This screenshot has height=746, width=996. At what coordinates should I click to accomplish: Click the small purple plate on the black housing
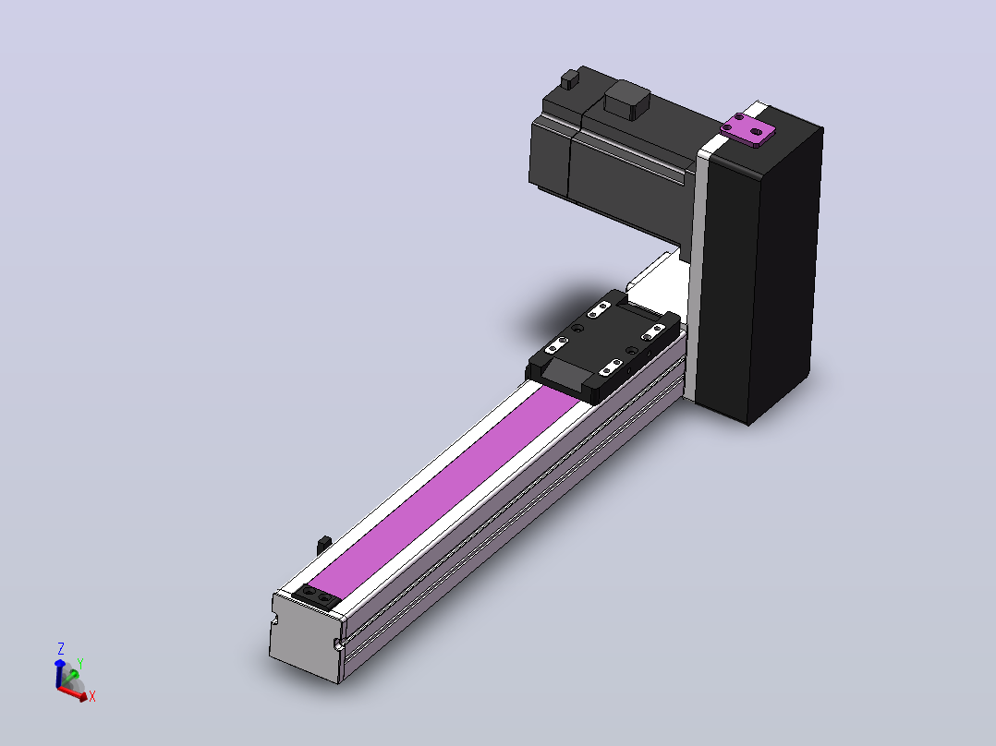tap(747, 130)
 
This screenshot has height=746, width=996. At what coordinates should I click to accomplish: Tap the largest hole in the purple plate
tap(756, 132)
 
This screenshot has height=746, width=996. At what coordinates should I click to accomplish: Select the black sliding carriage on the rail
tap(602, 346)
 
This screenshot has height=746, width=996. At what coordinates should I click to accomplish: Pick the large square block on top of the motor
tap(627, 99)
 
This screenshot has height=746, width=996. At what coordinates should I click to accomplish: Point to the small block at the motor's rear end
tap(570, 79)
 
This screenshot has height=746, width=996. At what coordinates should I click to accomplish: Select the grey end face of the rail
tap(306, 637)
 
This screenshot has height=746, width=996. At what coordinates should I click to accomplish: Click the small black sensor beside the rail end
tap(324, 545)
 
